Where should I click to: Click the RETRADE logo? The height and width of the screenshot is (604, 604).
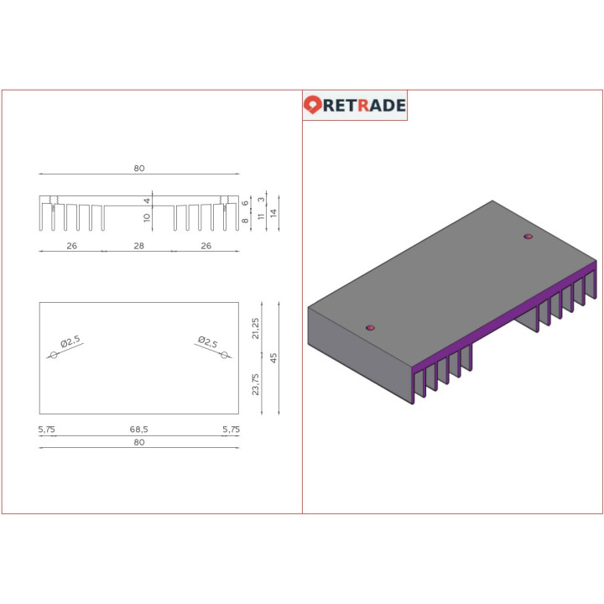pos(355,105)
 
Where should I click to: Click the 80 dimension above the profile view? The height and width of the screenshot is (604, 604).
pos(138,168)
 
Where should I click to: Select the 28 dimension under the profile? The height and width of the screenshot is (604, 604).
pos(138,246)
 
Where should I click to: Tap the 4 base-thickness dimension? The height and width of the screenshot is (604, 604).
pos(147,200)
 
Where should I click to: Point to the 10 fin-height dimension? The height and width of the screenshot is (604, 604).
pos(147,217)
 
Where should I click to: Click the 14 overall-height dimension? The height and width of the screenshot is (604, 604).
pos(273,213)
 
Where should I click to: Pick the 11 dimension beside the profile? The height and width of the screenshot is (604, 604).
pos(260,216)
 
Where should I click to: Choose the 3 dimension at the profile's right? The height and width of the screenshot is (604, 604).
pos(261,200)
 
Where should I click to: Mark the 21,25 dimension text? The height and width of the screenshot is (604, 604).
pos(256,328)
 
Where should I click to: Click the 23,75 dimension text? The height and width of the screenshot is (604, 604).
pos(256,384)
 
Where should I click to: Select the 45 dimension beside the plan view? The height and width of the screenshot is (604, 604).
pos(273,357)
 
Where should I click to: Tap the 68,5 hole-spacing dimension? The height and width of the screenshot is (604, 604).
pos(138,429)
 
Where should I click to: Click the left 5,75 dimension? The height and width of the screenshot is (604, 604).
pos(46,429)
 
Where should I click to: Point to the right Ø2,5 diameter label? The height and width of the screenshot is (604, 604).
pos(208,341)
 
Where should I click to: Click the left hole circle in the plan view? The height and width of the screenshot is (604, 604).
pos(54,356)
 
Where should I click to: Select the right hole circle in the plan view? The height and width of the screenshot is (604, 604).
pos(224,356)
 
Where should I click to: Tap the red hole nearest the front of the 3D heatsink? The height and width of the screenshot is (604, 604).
pos(371,327)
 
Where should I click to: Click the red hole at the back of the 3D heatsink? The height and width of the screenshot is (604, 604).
pos(528,237)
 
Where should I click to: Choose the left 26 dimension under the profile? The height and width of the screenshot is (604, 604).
pos(71,246)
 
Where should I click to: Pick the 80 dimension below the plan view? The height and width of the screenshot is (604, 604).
pos(138,442)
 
